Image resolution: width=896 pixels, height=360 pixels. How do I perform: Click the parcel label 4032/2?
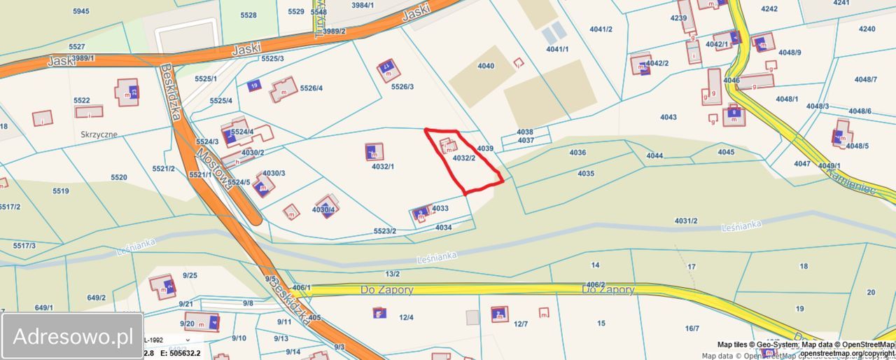(x=464, y=158)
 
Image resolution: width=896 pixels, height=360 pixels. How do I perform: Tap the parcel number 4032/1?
(x=383, y=167)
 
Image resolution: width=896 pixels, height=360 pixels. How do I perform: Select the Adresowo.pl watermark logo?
(x=73, y=337)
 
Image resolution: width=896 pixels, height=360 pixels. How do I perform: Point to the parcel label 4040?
(x=486, y=67)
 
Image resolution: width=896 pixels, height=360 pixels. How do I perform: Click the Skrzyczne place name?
(x=99, y=134)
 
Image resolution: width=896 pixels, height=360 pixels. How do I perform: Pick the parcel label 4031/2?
(x=686, y=221)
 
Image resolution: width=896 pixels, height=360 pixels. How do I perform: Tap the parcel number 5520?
(x=119, y=177)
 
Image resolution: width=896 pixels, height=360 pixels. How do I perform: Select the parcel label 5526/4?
(x=311, y=88)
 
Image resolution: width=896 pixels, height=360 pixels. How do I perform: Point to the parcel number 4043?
(x=668, y=117)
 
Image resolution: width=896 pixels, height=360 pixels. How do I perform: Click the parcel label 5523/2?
(x=385, y=231)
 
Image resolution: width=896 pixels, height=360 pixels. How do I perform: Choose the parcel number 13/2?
(x=393, y=274)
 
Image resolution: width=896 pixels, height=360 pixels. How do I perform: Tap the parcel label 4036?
(x=577, y=153)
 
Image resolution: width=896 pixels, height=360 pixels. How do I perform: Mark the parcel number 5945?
(x=81, y=11)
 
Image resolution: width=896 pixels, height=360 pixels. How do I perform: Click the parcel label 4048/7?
(x=866, y=80)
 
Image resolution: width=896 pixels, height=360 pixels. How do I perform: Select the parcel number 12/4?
(x=406, y=317)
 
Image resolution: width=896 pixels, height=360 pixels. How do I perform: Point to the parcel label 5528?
(x=248, y=15)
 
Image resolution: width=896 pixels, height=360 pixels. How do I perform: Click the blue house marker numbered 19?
(x=254, y=85)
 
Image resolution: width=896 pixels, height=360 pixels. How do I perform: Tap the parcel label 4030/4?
(x=324, y=209)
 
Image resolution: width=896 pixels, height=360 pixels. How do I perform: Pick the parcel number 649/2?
(x=96, y=298)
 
